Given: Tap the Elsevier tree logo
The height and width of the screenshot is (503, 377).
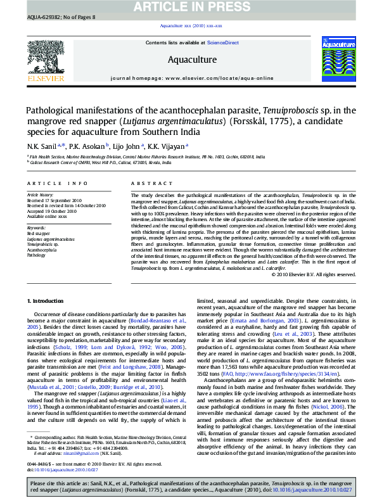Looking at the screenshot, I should coord(46,61).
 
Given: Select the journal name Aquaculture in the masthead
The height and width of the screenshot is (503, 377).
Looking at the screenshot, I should coord(192,60).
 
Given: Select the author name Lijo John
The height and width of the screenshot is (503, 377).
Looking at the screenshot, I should coord(129,146).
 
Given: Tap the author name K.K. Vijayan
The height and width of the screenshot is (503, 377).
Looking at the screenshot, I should coord(167,146).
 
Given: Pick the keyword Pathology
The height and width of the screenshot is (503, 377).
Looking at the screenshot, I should coord(36,255).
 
